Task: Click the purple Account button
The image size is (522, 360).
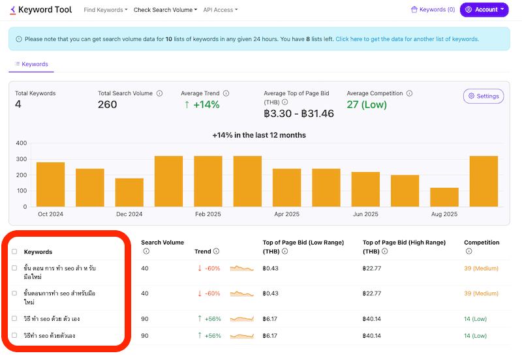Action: (484, 10)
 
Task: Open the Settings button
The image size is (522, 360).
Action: (483, 96)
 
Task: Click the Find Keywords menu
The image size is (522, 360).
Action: (106, 10)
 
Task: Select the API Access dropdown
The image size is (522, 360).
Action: (220, 10)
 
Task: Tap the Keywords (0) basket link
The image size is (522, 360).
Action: (433, 10)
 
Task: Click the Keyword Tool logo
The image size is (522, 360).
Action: (40, 10)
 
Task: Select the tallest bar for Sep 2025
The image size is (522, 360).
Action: (484, 181)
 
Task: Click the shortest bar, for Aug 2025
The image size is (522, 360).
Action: (444, 197)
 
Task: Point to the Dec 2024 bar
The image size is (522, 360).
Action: (129, 192)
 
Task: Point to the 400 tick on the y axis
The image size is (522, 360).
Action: (22, 143)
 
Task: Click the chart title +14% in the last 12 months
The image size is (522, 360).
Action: (259, 135)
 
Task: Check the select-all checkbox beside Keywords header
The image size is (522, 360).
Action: (14, 252)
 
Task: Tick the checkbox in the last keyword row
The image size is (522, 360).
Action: (14, 335)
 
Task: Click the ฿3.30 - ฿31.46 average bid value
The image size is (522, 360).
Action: (298, 113)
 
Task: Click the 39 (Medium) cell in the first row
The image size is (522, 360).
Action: (482, 268)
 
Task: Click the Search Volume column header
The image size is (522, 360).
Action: (162, 243)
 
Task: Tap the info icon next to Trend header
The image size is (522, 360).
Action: (216, 251)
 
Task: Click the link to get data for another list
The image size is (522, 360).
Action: (407, 39)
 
